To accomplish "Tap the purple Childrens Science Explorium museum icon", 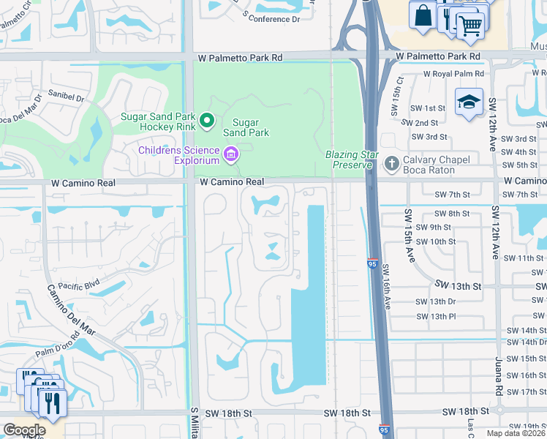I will point(231,153).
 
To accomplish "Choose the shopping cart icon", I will point(470,26).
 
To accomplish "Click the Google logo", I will point(24,430).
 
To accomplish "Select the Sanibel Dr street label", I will point(67,95).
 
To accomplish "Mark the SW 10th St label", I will point(436,241).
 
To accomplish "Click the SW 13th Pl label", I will point(436,316).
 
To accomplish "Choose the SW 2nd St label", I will point(425,123).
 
